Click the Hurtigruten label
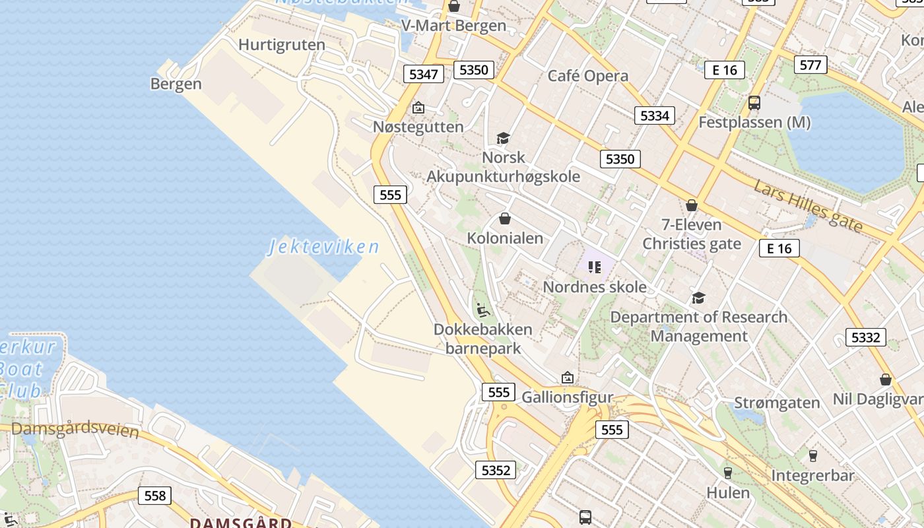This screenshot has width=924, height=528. pos(282,45)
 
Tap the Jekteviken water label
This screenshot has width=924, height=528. pos(323,247)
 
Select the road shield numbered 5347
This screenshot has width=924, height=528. pos(423,74)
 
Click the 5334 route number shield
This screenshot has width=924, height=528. pos(655,116)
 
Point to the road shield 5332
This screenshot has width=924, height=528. pos(865,338)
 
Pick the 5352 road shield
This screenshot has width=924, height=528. pos(496,470)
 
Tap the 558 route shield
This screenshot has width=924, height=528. pos(155,496)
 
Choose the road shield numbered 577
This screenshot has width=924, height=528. pos(810,65)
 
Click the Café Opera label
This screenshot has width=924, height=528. pos(588,76)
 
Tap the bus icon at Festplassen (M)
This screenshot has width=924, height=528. pos(754,103)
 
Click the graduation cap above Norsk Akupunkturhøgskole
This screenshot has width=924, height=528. pos(504,138)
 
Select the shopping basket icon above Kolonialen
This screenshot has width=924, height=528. pos(505,218)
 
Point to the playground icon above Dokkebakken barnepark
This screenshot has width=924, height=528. pos(482,310)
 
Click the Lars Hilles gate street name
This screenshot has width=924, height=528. pos(808,205)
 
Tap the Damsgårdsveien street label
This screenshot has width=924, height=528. pos(75,430)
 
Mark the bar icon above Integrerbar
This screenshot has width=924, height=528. pos(812,456)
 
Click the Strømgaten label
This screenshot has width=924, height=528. pos(777,403)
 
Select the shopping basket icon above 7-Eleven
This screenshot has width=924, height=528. pos(692,206)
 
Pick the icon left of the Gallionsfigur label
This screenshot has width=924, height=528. pos(567,378)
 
